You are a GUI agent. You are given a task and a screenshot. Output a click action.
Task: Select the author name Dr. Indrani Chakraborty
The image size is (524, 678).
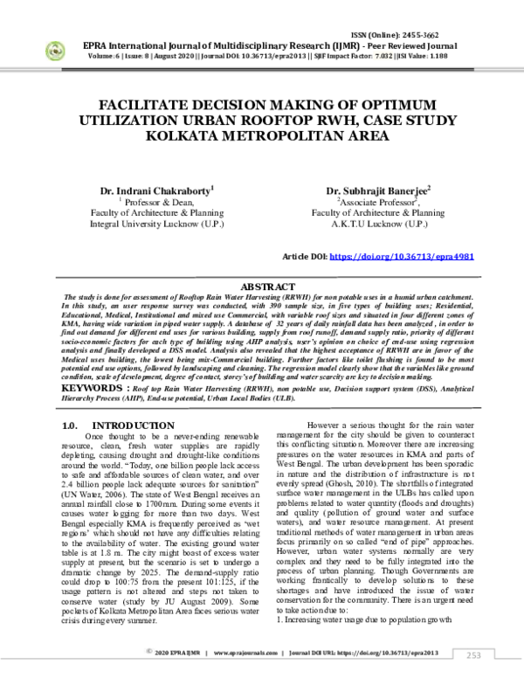pos(156,189)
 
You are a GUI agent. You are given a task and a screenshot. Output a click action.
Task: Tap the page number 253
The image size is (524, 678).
pos(472,654)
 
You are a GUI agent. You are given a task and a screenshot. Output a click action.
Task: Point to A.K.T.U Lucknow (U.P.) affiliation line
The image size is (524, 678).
pos(378,224)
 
